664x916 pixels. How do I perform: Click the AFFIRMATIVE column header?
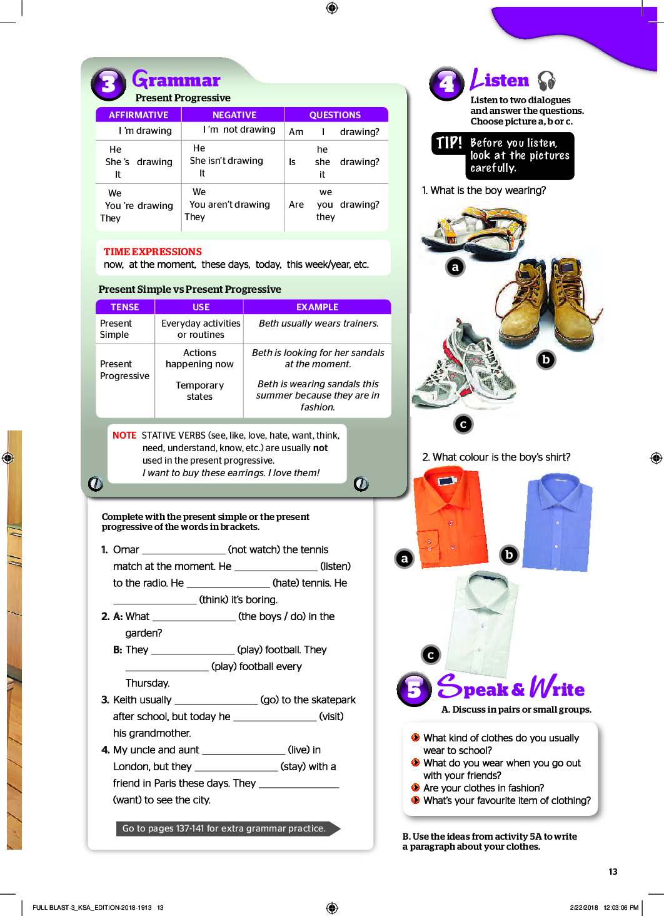click(x=138, y=115)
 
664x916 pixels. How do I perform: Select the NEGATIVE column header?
click(x=234, y=115)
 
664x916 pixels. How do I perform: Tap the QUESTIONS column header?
click(x=335, y=115)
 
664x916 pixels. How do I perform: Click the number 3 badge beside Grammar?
click(x=109, y=84)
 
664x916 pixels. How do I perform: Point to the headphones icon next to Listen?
click(x=546, y=81)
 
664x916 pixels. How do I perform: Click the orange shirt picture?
click(x=450, y=517)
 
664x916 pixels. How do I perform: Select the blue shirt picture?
click(x=558, y=521)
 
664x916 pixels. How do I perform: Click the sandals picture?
click(x=473, y=231)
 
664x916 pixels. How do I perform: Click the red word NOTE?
click(x=124, y=435)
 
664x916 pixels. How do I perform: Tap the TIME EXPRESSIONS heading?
click(x=153, y=252)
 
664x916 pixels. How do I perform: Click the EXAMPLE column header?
click(x=317, y=307)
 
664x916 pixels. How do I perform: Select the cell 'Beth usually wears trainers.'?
click(x=318, y=323)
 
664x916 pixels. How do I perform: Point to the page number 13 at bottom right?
click(x=613, y=872)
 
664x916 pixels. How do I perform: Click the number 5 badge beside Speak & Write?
click(x=414, y=690)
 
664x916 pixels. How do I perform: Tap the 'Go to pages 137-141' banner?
click(x=224, y=828)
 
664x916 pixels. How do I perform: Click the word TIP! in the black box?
click(x=449, y=143)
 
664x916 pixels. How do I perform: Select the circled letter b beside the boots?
click(x=546, y=360)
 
